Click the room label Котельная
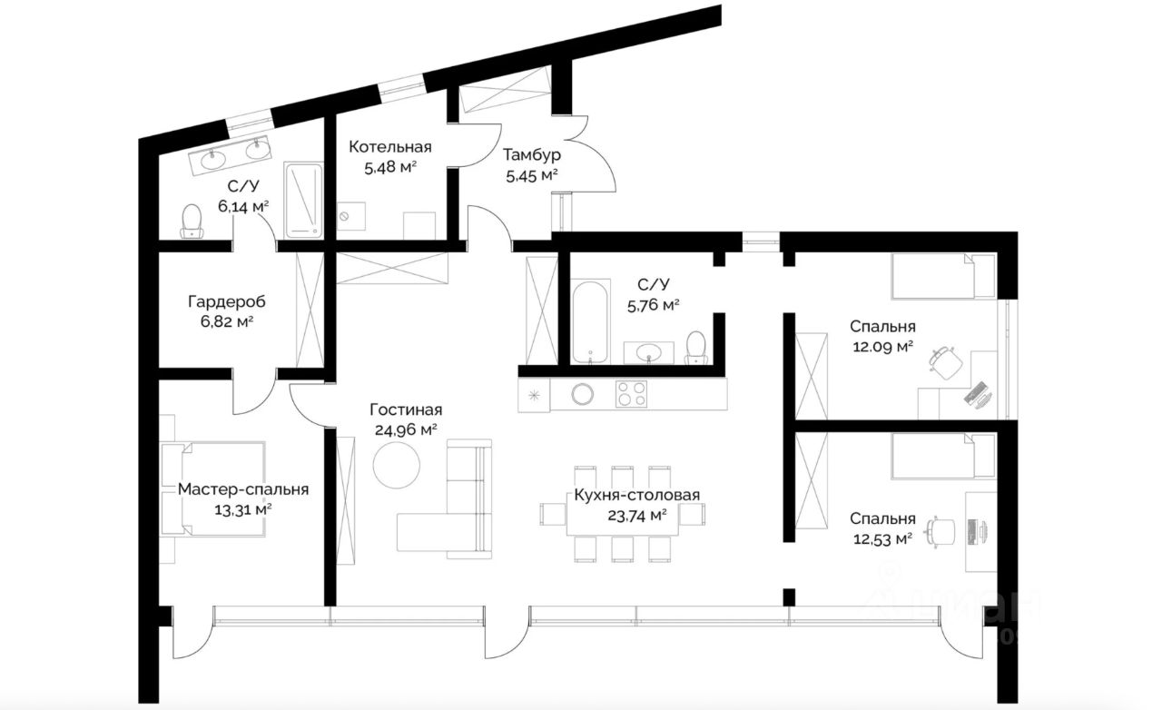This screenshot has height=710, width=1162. [390, 147]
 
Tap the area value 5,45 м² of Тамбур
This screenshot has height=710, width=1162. [532, 176]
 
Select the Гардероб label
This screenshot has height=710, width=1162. [227, 301]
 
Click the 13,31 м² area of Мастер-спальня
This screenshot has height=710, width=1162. [243, 509]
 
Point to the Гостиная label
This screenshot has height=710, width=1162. [406, 410]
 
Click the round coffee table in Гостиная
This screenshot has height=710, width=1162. [397, 465]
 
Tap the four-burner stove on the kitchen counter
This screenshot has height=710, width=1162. [631, 394]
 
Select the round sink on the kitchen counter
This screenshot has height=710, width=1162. [583, 394]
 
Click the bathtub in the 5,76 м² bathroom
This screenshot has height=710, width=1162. [590, 322]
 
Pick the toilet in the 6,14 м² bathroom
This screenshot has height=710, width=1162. [192, 222]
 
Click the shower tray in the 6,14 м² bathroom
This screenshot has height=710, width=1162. [303, 201]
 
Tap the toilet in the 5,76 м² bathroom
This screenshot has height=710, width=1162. [696, 348]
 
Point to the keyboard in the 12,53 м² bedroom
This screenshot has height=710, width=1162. [972, 532]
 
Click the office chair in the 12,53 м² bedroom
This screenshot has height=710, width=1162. [940, 532]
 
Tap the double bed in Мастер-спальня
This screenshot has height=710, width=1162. [213, 488]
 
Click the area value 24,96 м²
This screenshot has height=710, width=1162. [406, 430]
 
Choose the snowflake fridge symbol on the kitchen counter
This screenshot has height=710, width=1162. [534, 396]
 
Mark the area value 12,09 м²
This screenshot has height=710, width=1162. [883, 346]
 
